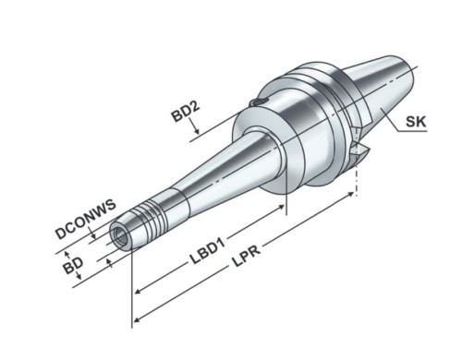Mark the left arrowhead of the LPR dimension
tap(138, 320)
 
